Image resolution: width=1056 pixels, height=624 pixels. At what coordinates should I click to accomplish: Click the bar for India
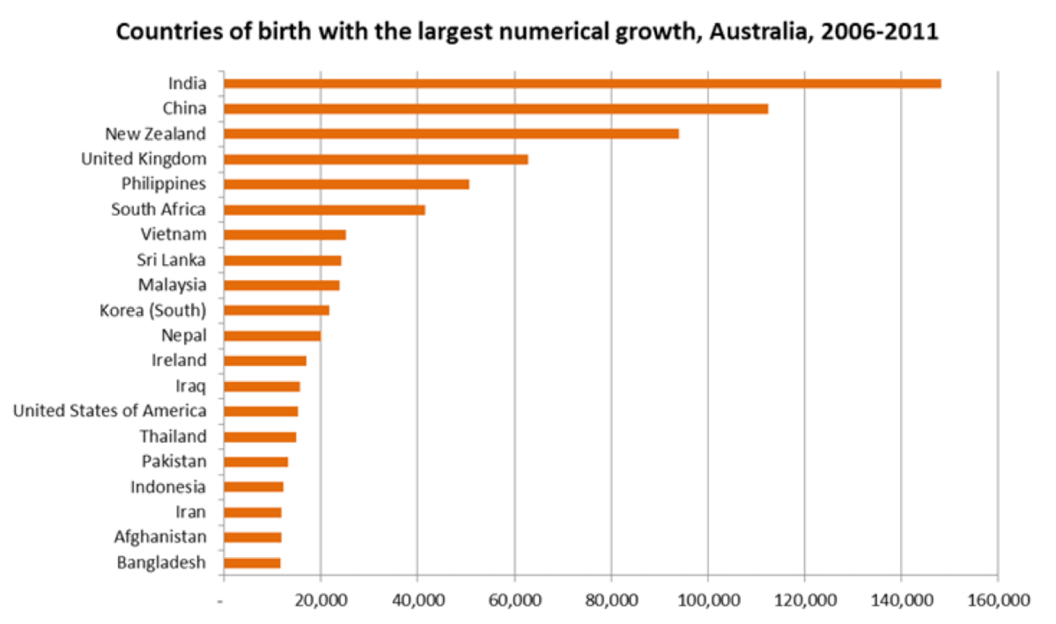tap(582, 84)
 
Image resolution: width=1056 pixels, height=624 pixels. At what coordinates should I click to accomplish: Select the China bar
tap(496, 109)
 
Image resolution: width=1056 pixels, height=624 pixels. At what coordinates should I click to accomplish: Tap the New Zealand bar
tap(451, 134)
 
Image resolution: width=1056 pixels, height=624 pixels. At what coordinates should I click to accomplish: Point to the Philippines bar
tap(346, 184)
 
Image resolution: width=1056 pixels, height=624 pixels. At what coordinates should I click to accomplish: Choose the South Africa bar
tap(324, 209)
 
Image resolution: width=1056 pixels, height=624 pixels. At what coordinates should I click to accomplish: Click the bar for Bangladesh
tap(252, 562)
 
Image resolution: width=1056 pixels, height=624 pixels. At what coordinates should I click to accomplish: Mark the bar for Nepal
tap(272, 335)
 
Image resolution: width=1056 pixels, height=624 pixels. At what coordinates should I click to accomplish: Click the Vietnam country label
tap(174, 234)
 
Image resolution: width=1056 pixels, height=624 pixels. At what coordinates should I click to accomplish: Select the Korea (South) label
tap(153, 310)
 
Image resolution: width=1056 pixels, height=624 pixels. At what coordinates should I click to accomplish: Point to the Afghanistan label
tap(160, 537)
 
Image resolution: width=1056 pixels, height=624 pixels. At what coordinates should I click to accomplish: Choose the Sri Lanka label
tap(172, 260)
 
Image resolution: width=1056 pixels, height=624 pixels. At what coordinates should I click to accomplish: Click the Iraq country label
tap(191, 385)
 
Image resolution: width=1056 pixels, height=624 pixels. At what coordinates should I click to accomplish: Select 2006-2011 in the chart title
tap(882, 33)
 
